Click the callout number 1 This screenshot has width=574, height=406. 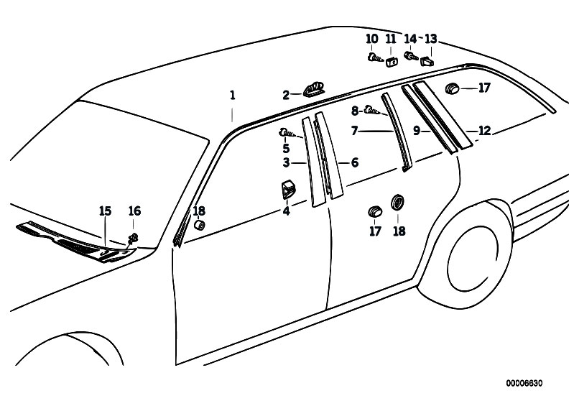[x=232, y=96]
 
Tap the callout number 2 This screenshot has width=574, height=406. [x=286, y=96]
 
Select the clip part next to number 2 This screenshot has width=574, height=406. [x=314, y=90]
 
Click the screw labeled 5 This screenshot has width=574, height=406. [x=287, y=132]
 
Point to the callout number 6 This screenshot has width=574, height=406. [x=355, y=162]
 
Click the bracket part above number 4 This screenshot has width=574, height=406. [x=288, y=189]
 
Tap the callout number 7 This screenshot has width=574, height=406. [x=354, y=131]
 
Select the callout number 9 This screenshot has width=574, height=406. [x=416, y=130]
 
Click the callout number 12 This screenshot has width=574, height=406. [x=484, y=131]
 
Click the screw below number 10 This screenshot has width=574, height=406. [x=374, y=57]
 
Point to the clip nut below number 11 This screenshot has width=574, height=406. [x=392, y=62]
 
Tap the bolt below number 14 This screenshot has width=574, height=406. [x=411, y=56]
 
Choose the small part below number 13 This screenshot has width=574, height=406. [x=427, y=61]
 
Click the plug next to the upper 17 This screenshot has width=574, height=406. [x=453, y=88]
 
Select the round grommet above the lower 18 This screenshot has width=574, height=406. [x=397, y=203]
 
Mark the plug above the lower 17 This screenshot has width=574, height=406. [x=374, y=211]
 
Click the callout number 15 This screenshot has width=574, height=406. [x=105, y=211]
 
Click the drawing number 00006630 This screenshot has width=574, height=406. [x=524, y=383]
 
